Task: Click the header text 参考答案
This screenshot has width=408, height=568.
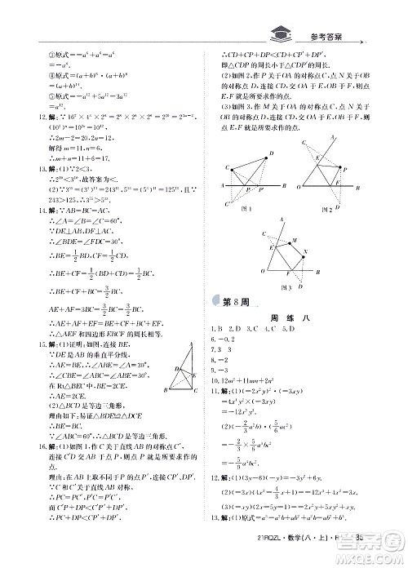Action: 333,36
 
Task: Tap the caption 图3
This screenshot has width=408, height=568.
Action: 286,288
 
